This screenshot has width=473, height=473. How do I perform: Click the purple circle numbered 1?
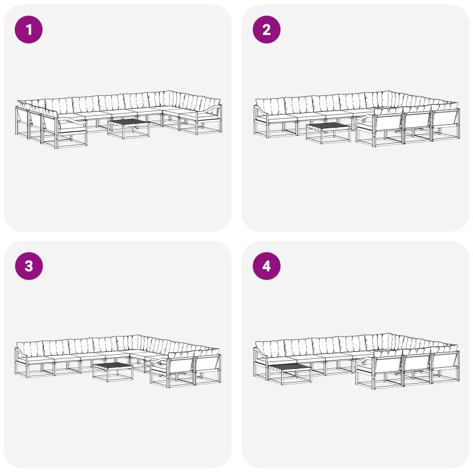point(28,30)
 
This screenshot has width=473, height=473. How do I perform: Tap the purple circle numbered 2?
point(267,30)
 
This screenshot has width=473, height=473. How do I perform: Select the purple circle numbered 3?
point(28,266)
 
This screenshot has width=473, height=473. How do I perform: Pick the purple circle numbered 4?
point(267,266)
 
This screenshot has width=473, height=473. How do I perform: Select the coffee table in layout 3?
point(113,372)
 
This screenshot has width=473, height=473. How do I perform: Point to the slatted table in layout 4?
point(290,374)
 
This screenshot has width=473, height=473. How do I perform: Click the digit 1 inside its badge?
point(29,30)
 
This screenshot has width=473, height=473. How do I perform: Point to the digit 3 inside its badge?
point(29,266)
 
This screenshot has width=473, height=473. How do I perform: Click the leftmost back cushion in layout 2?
point(270,106)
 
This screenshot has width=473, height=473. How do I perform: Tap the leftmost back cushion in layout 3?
point(30,349)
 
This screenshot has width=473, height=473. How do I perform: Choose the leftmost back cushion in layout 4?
point(270,349)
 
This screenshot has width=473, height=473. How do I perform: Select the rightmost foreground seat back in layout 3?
point(208,364)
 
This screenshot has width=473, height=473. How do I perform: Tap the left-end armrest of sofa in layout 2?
point(260,113)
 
